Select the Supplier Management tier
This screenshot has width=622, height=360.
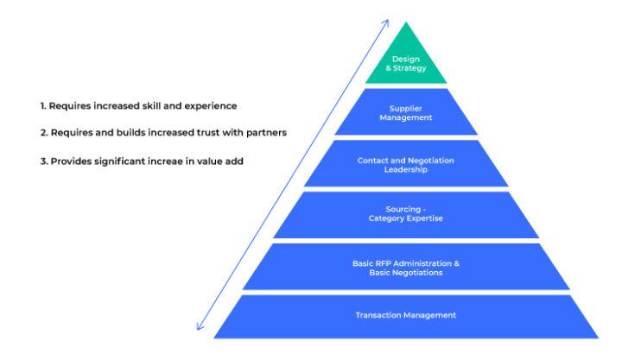(x=406, y=112)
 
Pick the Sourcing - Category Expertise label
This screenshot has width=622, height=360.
(x=406, y=213)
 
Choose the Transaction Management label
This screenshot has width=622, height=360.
(x=405, y=315)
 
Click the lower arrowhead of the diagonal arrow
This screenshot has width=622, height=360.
(x=200, y=328)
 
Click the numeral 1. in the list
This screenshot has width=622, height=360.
(x=42, y=105)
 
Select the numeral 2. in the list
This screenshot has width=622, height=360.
(x=43, y=133)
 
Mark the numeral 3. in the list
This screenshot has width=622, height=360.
(x=43, y=161)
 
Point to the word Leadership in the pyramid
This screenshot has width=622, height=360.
(x=406, y=170)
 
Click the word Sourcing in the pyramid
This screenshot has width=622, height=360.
(x=403, y=209)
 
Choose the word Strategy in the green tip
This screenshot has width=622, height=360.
(x=409, y=67)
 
